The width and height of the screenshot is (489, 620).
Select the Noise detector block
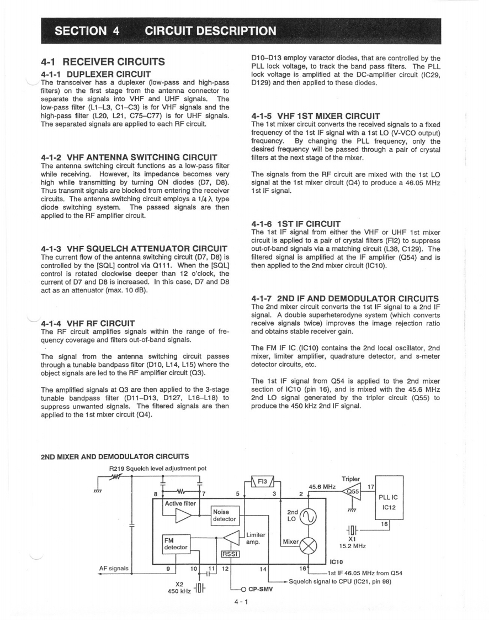(x=225, y=515)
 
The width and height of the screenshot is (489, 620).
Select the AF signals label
(x=114, y=568)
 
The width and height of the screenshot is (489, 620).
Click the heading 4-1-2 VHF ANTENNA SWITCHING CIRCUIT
(x=128, y=157)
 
